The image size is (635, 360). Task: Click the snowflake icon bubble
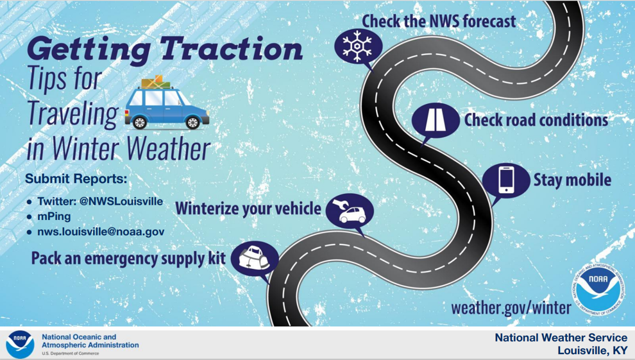pyautogui.click(x=358, y=46)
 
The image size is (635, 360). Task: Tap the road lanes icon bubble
pyautogui.click(x=435, y=121)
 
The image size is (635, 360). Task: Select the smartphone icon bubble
pyautogui.click(x=506, y=180)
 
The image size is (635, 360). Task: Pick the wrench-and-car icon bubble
pyautogui.click(x=350, y=210)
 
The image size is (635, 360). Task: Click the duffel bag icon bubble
pyautogui.click(x=255, y=259)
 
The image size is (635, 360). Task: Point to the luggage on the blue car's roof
pyautogui.click(x=156, y=82)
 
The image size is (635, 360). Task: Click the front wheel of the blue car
pyautogui.click(x=192, y=122)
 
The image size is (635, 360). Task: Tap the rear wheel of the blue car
pyautogui.click(x=140, y=122)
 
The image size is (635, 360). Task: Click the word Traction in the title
pyautogui.click(x=231, y=49)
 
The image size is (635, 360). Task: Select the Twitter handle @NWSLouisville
pyautogui.click(x=121, y=201)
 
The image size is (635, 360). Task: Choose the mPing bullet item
pyautogui.click(x=54, y=216)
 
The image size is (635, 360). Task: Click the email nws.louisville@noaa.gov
pyautogui.click(x=101, y=232)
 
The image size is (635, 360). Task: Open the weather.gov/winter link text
pyautogui.click(x=511, y=308)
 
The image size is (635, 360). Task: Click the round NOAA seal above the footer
pyautogui.click(x=598, y=289)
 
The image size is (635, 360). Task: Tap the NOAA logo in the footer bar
pyautogui.click(x=20, y=344)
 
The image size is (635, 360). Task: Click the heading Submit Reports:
pyautogui.click(x=76, y=178)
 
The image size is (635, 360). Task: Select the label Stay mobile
pyautogui.click(x=572, y=180)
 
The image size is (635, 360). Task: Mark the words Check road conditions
pyautogui.click(x=536, y=120)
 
